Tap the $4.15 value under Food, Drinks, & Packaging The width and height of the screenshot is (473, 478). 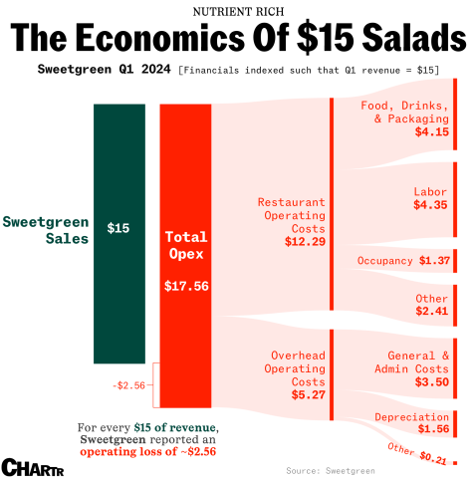431,131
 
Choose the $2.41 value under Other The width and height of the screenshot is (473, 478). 431,311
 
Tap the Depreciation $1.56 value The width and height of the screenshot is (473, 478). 431,429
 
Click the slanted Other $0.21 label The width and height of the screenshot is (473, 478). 416,454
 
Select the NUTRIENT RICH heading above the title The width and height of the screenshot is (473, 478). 236,10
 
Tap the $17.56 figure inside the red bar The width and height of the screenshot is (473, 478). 186,285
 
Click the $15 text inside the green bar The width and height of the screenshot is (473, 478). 118,228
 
